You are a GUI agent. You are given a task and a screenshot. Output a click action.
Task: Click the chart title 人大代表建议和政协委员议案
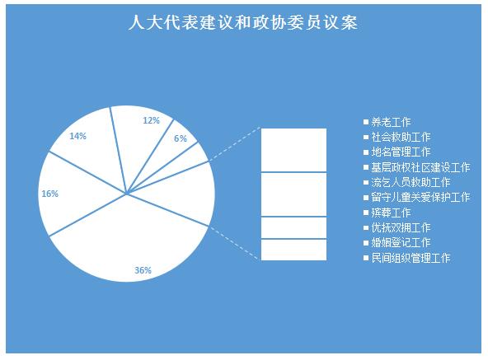click(x=243, y=23)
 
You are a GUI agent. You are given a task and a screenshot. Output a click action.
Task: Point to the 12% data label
click(x=151, y=120)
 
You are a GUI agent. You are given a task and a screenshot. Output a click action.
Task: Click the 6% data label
click(x=181, y=138)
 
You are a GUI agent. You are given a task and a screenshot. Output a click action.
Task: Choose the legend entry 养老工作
click(x=387, y=122)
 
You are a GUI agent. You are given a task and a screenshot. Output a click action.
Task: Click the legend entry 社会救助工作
click(x=397, y=137)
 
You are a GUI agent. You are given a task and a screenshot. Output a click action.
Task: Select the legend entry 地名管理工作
click(x=397, y=152)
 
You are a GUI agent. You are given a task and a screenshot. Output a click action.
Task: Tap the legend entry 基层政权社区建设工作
click(x=417, y=167)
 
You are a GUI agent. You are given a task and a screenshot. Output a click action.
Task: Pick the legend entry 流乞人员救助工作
click(x=407, y=182)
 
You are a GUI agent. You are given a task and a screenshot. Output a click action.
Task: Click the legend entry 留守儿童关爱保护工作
click(x=417, y=197)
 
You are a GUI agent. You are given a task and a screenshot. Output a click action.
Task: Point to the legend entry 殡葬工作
click(x=387, y=213)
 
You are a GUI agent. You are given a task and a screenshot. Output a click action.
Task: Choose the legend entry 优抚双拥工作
click(x=397, y=227)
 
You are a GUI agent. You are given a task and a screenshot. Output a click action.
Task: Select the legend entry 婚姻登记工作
click(x=397, y=243)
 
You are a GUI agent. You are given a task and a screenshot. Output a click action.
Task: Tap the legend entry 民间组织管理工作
click(x=407, y=258)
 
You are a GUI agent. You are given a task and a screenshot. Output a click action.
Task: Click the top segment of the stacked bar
click(x=293, y=150)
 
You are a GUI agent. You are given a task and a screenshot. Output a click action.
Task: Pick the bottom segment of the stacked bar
click(x=293, y=250)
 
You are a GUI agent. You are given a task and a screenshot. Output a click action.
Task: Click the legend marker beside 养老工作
click(x=366, y=122)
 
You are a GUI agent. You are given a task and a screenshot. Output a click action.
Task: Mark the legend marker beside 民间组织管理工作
click(x=366, y=258)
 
